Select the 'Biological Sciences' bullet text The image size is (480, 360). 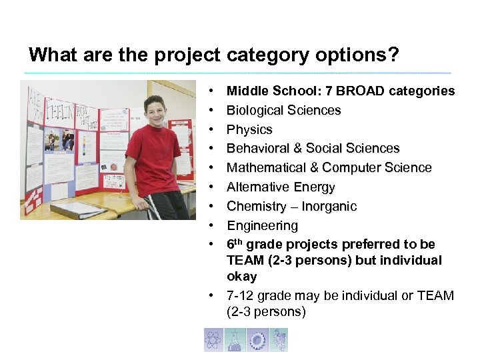[x=283, y=110]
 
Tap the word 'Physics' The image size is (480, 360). [x=249, y=129]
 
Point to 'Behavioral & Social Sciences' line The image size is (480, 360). [x=313, y=148]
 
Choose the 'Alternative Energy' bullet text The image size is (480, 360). [x=281, y=187]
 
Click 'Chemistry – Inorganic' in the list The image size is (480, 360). [x=291, y=206]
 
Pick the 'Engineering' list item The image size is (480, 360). [x=262, y=225]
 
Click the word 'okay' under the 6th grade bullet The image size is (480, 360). [x=241, y=276]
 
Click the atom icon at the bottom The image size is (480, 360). [x=214, y=340]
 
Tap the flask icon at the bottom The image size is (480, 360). [x=235, y=340]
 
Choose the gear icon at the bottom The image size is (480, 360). [x=257, y=340]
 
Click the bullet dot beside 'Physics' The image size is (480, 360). [x=210, y=129]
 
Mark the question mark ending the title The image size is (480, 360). [x=393, y=54]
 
